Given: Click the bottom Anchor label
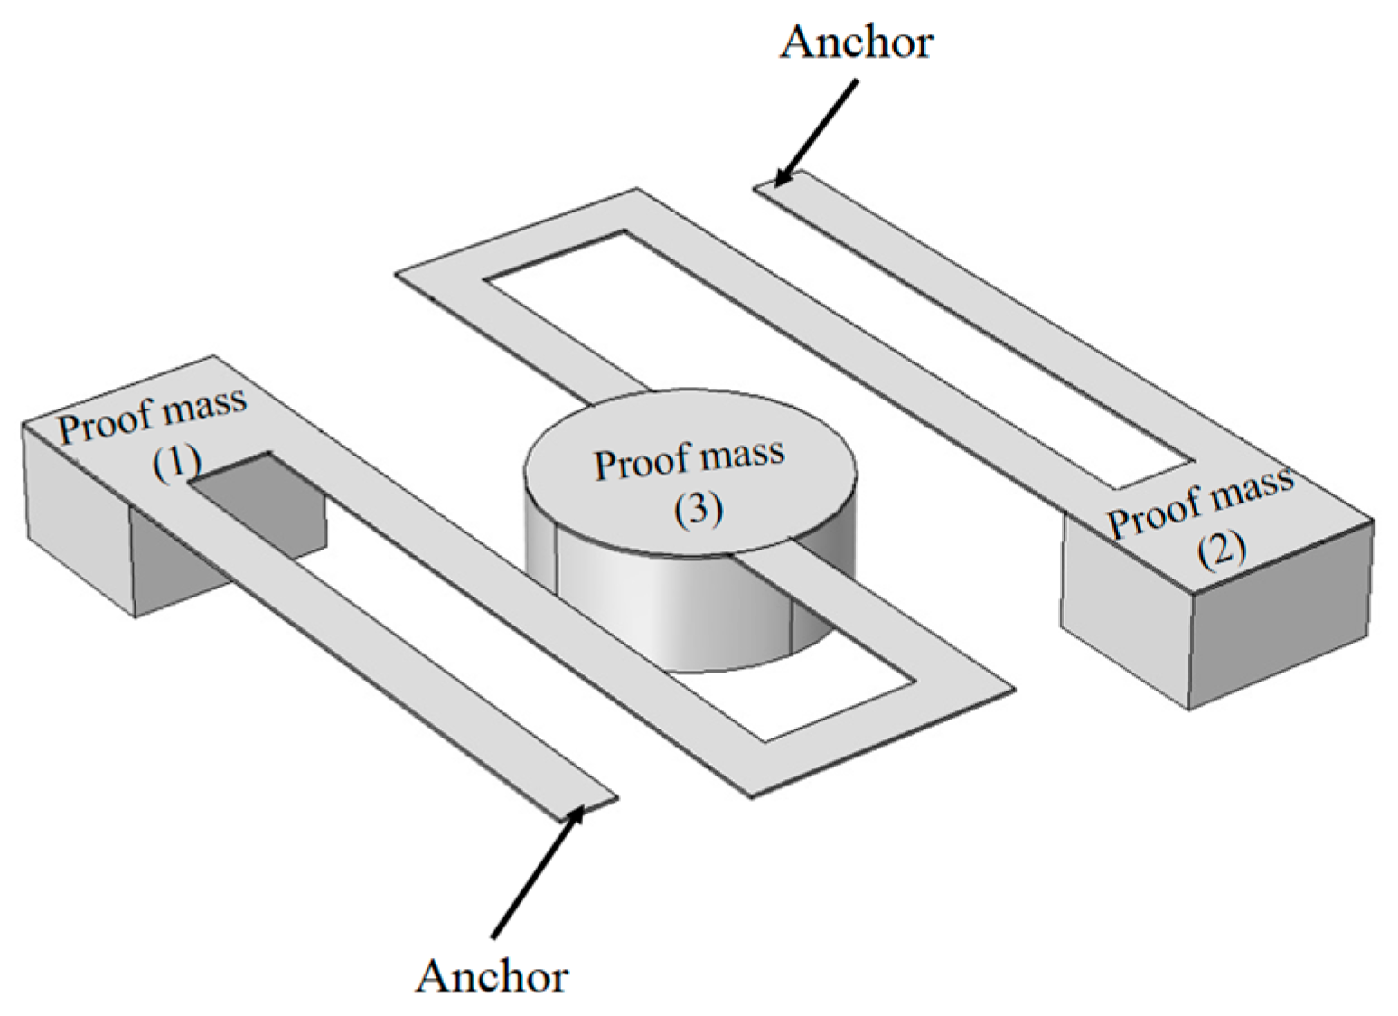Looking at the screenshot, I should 493,975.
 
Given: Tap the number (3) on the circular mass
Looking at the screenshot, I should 699,510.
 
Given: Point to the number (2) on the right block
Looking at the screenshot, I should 1222,549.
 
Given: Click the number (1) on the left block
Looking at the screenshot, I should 175,463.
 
